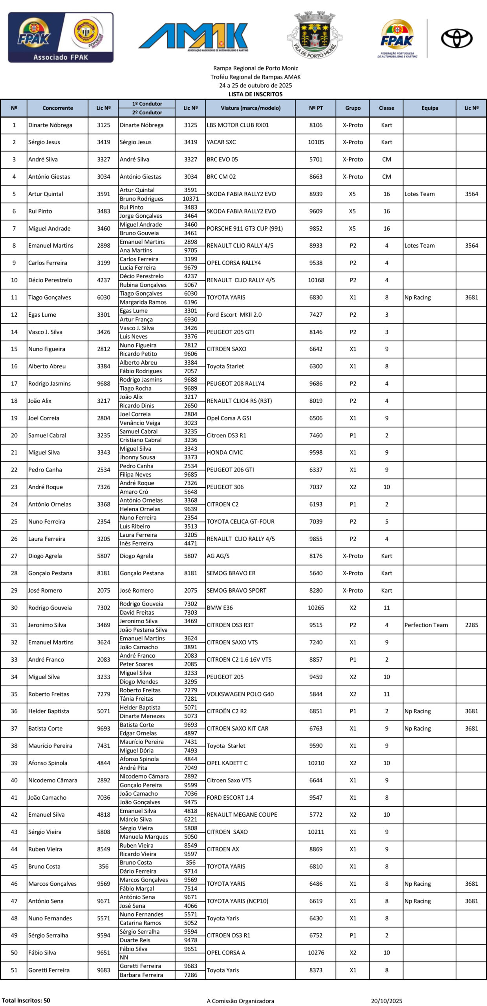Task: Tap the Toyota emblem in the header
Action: (x=456, y=39)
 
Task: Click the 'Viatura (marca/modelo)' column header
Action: (x=250, y=108)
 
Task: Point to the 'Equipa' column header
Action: (x=430, y=108)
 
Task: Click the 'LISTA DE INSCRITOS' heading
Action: (x=255, y=94)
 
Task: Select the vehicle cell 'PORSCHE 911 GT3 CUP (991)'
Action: (x=245, y=228)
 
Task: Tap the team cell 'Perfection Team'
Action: (x=426, y=625)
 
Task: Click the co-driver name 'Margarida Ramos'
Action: (x=143, y=302)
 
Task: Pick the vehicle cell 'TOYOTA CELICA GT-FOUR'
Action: (x=240, y=522)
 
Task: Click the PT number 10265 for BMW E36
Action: (x=316, y=608)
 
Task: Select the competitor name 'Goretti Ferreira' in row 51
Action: (x=49, y=970)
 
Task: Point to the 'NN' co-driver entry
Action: (x=124, y=958)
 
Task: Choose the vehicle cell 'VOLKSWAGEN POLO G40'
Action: (x=240, y=694)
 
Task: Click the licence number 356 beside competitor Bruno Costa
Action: (x=104, y=866)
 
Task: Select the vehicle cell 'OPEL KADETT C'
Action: (x=227, y=763)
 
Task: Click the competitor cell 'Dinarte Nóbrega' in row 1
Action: (x=50, y=125)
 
